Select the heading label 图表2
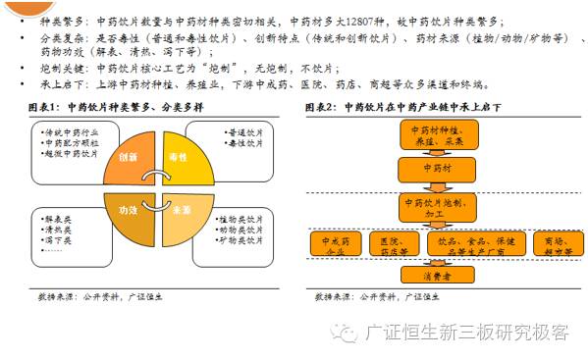point(327,107)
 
